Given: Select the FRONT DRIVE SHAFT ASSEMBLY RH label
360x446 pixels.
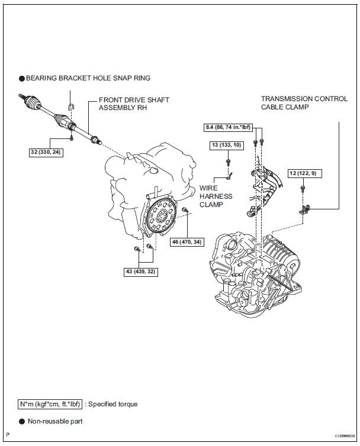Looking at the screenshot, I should pos(134,104).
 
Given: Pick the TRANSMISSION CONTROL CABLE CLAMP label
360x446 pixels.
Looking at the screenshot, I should pos(304,103).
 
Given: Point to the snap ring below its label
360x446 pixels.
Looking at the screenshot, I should pos(70,106).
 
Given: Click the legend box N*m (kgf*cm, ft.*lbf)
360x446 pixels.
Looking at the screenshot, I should pos(50,404).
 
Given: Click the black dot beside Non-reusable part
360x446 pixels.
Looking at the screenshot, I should pos(22,422).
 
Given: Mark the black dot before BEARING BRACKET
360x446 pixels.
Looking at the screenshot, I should pos(22,77).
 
